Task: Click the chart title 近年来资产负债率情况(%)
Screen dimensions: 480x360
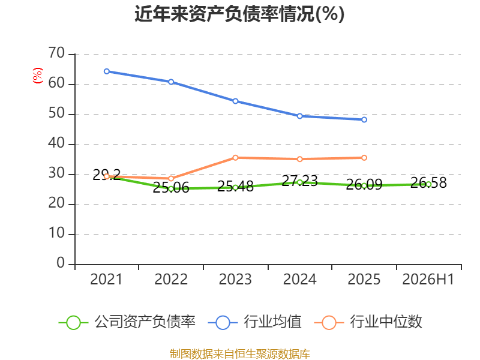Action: pyautogui.click(x=239, y=14)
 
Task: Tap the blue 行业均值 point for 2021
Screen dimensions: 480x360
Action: pyautogui.click(x=107, y=71)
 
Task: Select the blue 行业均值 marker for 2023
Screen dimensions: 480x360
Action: pyautogui.click(x=235, y=101)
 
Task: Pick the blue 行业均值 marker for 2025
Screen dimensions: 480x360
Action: pyautogui.click(x=364, y=119)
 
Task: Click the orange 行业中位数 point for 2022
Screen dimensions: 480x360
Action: pyautogui.click(x=171, y=178)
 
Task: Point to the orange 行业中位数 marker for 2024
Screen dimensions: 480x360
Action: pyautogui.click(x=299, y=159)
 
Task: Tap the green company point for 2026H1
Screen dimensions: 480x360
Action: pyautogui.click(x=428, y=184)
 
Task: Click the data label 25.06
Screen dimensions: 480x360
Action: pyautogui.click(x=171, y=188)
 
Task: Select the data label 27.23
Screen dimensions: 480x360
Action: pyautogui.click(x=299, y=181)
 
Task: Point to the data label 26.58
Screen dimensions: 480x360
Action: pyautogui.click(x=428, y=182)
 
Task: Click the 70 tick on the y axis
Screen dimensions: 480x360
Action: pyautogui.click(x=56, y=53)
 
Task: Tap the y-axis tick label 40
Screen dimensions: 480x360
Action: pyautogui.click(x=56, y=143)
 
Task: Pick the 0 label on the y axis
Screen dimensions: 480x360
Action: pyautogui.click(x=61, y=263)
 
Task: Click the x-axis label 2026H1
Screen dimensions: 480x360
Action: pyautogui.click(x=428, y=280)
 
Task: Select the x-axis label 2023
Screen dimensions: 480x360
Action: pyautogui.click(x=235, y=280)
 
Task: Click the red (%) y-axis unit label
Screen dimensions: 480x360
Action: pyautogui.click(x=38, y=76)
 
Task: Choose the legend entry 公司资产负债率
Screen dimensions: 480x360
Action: pyautogui.click(x=127, y=322)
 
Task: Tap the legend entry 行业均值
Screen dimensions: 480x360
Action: pyautogui.click(x=254, y=322)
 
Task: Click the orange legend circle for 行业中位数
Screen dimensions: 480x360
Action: pyautogui.click(x=329, y=323)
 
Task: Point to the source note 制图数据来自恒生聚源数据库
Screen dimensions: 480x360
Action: pyautogui.click(x=240, y=354)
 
